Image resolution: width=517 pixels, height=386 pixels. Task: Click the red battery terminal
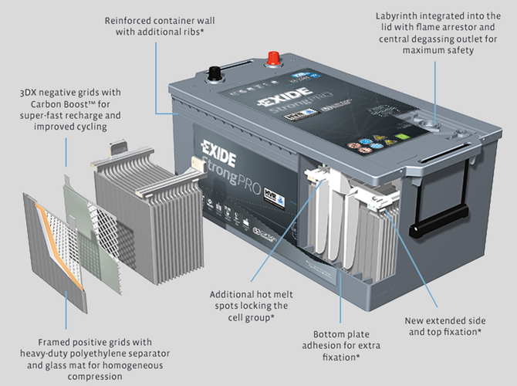click(x=272, y=59)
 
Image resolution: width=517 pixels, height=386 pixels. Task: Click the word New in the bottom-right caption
click(x=417, y=319)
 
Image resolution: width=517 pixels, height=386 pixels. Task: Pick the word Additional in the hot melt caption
click(x=234, y=294)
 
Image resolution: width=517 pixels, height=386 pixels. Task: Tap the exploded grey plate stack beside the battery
click(x=135, y=208)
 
